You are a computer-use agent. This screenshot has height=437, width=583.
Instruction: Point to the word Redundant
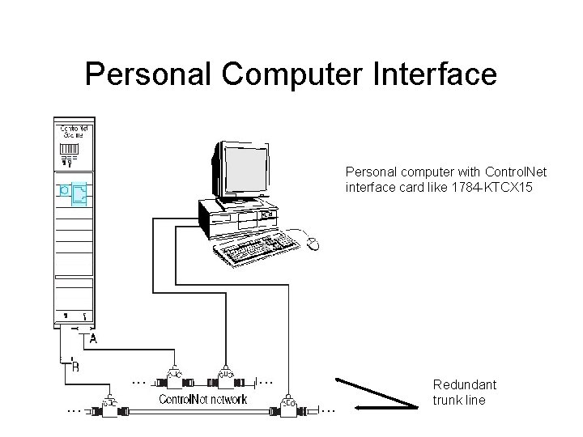(465, 385)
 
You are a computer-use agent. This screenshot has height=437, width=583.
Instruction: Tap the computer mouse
(313, 243)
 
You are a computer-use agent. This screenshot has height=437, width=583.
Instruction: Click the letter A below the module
(94, 341)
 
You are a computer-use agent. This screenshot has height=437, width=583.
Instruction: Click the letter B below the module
(75, 368)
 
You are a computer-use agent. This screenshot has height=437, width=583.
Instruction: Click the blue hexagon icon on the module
(64, 192)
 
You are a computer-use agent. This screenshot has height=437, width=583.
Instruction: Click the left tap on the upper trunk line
(172, 376)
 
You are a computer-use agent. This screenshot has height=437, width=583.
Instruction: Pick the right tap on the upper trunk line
(226, 376)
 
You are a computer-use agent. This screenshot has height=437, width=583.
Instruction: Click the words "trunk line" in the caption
(459, 400)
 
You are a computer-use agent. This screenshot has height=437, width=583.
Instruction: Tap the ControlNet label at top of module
(75, 131)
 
